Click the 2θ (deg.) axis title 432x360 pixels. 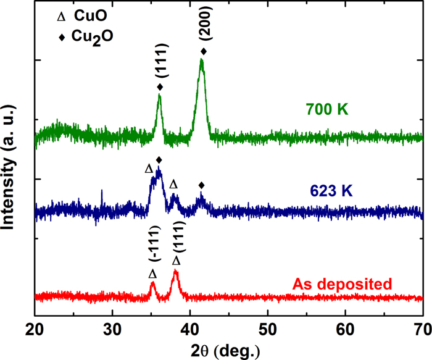click(226, 350)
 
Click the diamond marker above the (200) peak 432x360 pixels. click(204, 51)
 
